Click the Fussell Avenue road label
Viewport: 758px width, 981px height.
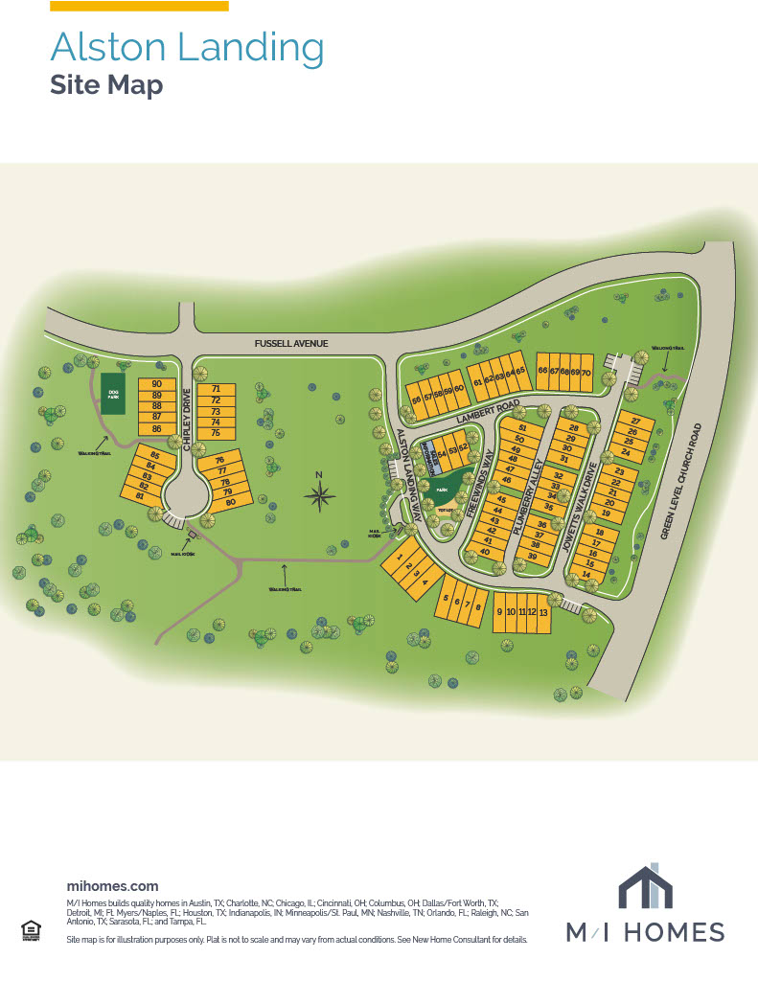pyautogui.click(x=291, y=343)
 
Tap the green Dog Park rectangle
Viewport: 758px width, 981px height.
pyautogui.click(x=113, y=394)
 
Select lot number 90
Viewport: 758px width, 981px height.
pyautogui.click(x=156, y=385)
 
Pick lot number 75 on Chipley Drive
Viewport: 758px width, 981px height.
pyautogui.click(x=216, y=434)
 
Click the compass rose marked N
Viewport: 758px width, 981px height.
pyautogui.click(x=320, y=493)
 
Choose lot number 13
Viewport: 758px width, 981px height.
pyautogui.click(x=542, y=613)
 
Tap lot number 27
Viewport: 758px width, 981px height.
pyautogui.click(x=634, y=422)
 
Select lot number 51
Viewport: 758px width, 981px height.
pyautogui.click(x=521, y=428)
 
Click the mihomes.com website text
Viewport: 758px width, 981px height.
pyautogui.click(x=112, y=886)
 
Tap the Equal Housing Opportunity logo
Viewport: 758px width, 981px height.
pyautogui.click(x=30, y=929)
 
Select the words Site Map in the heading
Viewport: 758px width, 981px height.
pyautogui.click(x=106, y=85)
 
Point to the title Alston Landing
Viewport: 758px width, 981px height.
pyautogui.click(x=187, y=47)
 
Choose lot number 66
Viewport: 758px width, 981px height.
pyautogui.click(x=542, y=371)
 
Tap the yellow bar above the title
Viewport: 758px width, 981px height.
pyautogui.click(x=139, y=6)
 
